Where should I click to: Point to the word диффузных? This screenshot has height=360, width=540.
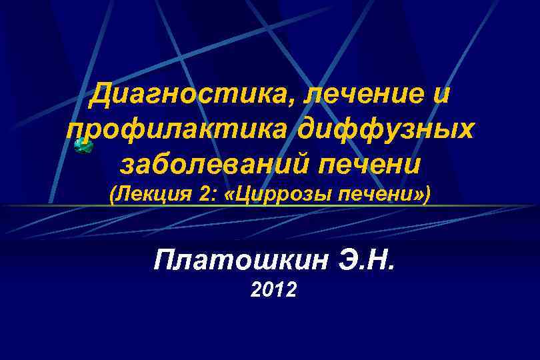tap(387, 127)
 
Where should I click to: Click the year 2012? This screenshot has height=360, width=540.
tap(274, 290)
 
